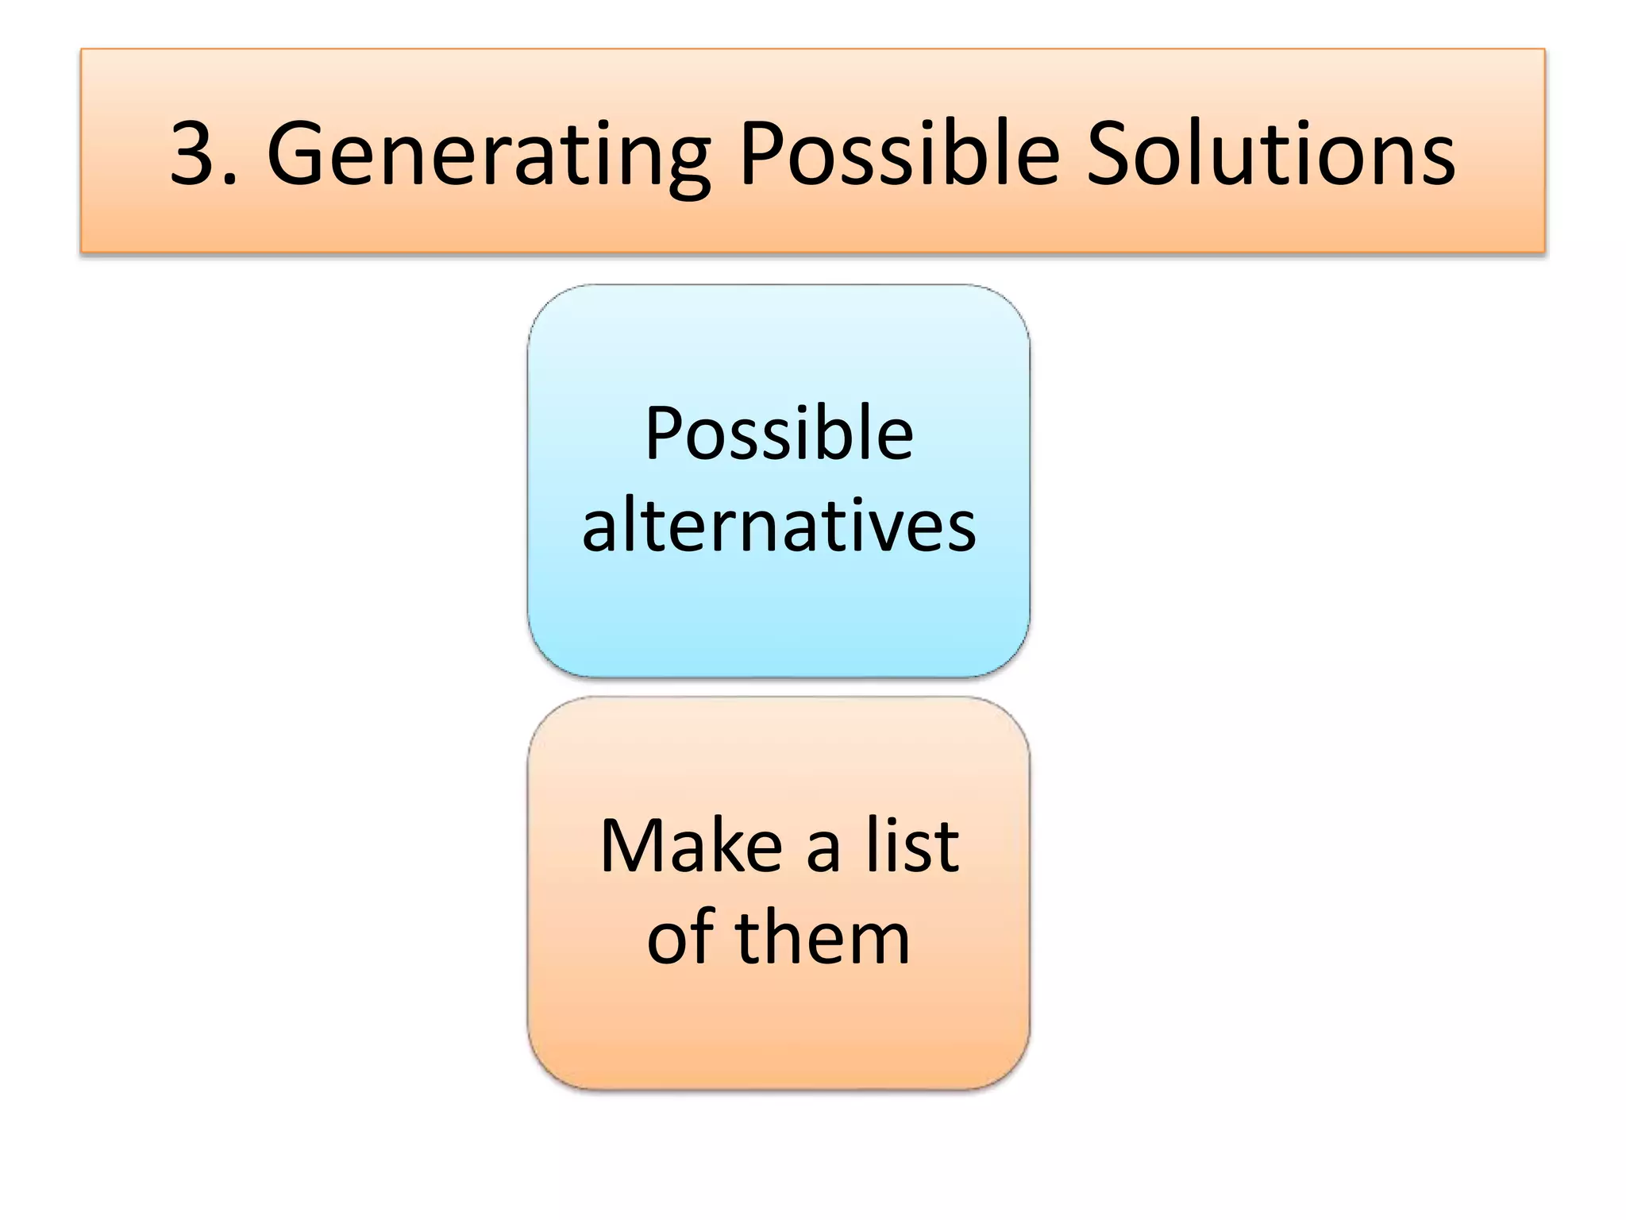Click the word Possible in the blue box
[779, 434]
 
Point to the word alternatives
[779, 526]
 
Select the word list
[912, 847]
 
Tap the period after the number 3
[231, 181]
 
